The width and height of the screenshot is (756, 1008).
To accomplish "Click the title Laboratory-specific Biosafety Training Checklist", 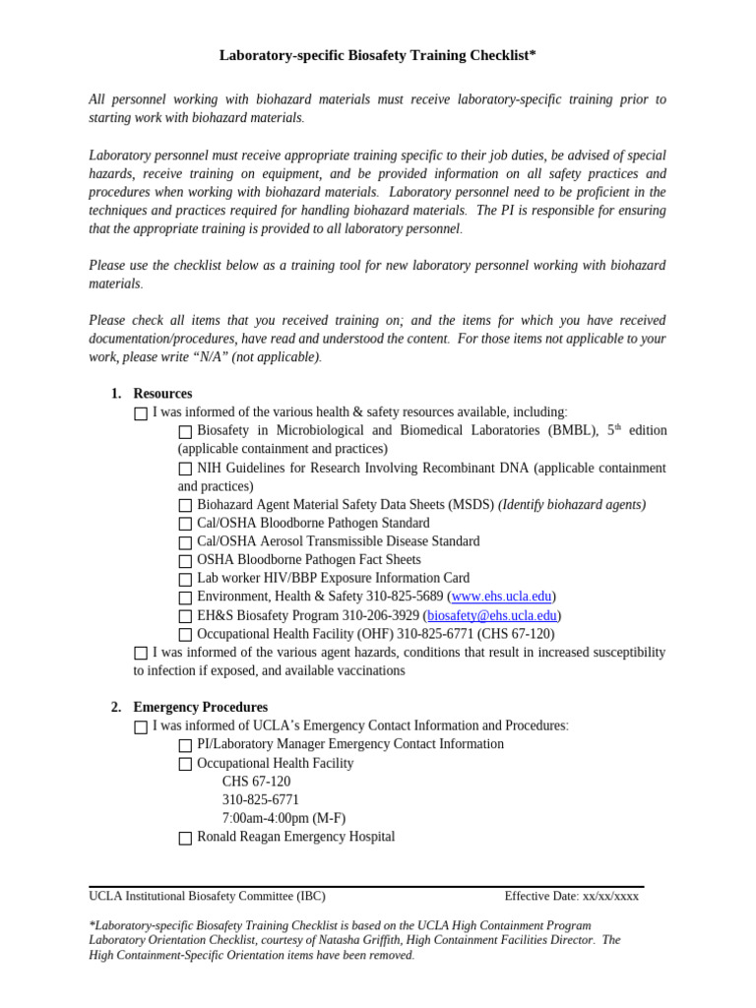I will [377, 56].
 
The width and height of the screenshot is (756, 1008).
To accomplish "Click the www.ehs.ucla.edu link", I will [501, 597].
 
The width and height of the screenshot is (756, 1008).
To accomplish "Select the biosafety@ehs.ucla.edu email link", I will [492, 615].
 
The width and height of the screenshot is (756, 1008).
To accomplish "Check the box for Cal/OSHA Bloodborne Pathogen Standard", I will [185, 524].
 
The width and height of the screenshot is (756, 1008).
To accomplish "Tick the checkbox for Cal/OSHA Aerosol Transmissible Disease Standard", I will [185, 542].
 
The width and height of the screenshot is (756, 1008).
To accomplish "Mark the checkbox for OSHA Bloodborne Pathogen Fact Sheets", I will [185, 561].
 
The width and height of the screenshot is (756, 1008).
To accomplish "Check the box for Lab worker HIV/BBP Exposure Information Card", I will [185, 579].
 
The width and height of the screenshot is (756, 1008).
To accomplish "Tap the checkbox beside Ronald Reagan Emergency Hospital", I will [185, 838].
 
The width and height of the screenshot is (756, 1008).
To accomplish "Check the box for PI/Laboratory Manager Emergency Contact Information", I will [185, 745].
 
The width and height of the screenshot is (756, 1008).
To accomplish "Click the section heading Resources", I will [162, 394].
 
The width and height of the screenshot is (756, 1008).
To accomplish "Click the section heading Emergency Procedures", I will [200, 708].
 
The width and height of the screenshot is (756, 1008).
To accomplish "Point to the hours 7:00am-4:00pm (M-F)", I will [283, 818].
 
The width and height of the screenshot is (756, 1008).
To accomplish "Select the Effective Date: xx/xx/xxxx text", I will [571, 896].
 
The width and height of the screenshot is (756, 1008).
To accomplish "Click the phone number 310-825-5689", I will [405, 597].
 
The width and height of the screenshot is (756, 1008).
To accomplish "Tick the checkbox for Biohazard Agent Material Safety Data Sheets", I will [185, 506].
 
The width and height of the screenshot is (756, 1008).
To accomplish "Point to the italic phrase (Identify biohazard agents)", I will [571, 505].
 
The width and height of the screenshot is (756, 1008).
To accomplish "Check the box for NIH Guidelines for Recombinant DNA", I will [185, 469].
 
